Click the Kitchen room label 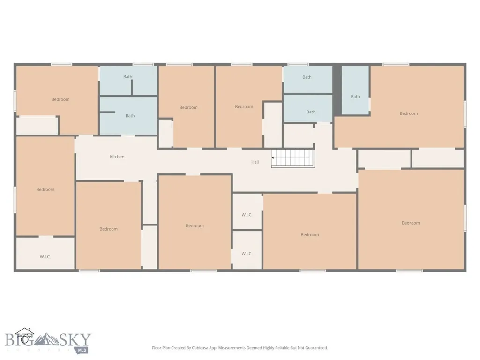[x=117, y=157]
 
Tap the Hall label [x=255, y=162]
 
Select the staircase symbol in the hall [x=293, y=158]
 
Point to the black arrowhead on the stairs [x=272, y=157]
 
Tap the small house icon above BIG [x=25, y=332]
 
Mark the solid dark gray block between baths [x=337, y=90]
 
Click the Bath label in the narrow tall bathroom [x=355, y=97]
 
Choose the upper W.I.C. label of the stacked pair [x=247, y=215]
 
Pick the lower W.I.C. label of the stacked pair [x=247, y=254]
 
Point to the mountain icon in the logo [x=46, y=338]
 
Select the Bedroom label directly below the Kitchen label [x=108, y=229]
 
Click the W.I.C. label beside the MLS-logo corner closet [x=45, y=257]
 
